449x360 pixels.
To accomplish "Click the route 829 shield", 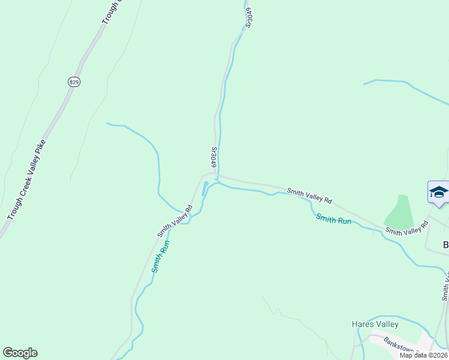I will point(74,82).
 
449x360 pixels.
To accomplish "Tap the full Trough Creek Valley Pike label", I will point(26,179).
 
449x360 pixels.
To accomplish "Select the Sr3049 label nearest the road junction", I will point(213,157).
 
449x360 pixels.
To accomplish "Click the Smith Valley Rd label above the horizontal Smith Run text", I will point(309,196).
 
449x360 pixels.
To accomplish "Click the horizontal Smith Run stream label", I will point(334,220).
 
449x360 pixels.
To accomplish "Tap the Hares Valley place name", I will point(375,324).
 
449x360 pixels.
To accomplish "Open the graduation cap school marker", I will point(439,193).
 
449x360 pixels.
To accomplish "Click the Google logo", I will point(20,353).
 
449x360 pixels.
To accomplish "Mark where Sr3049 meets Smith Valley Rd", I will point(217,176).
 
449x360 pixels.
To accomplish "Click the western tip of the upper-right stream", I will point(364,84).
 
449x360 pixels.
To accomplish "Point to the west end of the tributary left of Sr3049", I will point(107,124).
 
